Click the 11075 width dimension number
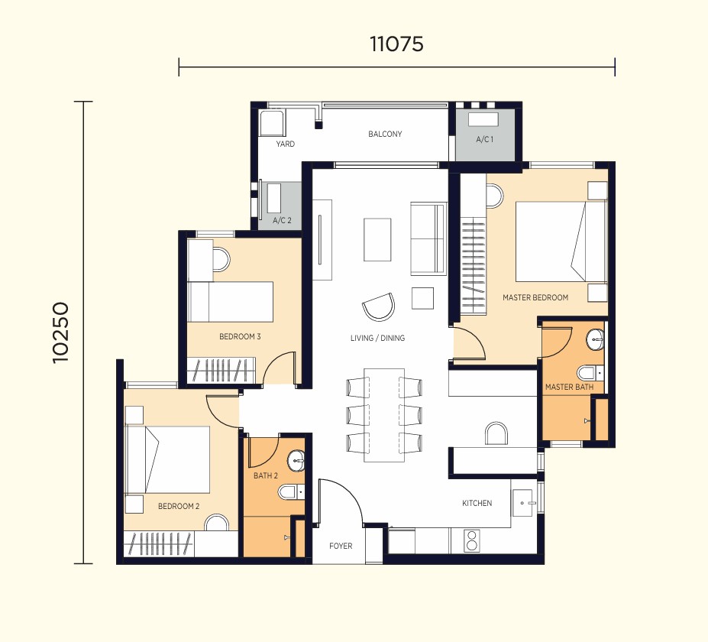click(x=396, y=44)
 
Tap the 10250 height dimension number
click(x=60, y=332)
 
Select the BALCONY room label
click(x=385, y=134)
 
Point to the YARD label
click(x=286, y=144)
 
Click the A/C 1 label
click(x=484, y=139)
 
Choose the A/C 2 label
click(x=282, y=220)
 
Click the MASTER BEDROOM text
click(x=535, y=297)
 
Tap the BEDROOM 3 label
click(x=240, y=336)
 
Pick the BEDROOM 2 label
click(x=179, y=506)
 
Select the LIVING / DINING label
click(x=377, y=338)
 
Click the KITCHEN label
click(x=477, y=503)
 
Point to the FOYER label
click(x=341, y=546)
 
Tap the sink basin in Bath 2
click(x=296, y=461)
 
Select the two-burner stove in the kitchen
click(x=471, y=541)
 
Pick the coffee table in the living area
click(x=377, y=239)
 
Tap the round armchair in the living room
click(x=379, y=306)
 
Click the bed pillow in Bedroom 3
click(x=199, y=302)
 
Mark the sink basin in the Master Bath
click(x=595, y=339)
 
